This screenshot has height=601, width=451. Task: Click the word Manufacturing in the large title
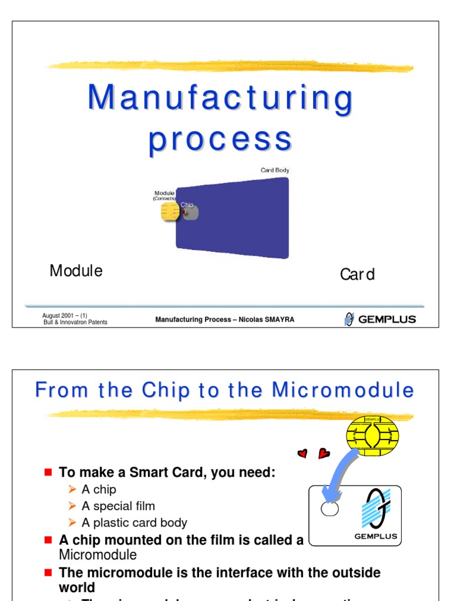(220, 99)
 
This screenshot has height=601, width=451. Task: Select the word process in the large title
(220, 140)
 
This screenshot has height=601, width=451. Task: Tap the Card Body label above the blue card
(275, 170)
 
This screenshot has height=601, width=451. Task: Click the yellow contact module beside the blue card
(170, 211)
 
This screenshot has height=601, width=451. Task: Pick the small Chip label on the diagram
(187, 205)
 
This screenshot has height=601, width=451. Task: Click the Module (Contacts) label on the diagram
(164, 195)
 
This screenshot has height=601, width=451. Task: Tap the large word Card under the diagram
(357, 275)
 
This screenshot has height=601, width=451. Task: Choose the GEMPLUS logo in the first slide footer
(380, 319)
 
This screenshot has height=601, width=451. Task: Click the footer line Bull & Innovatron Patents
(75, 322)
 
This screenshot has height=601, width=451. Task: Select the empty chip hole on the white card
(329, 508)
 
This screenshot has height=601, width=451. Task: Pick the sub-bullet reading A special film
(118, 506)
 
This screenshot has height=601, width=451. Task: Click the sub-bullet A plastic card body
(134, 522)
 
